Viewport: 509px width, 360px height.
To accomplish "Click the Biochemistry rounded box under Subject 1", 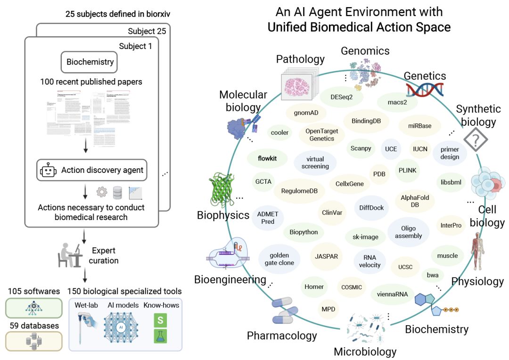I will [x=90, y=62].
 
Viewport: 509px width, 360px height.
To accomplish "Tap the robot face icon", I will [x=49, y=170].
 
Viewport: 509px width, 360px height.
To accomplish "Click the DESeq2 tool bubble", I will [x=342, y=97].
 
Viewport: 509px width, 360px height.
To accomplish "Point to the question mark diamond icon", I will [x=475, y=140].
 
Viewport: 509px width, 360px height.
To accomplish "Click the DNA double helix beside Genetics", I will [x=424, y=89].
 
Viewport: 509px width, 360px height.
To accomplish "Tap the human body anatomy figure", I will [x=478, y=254].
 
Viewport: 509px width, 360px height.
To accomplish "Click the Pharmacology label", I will [x=282, y=335].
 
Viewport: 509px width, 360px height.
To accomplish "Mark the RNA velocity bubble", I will [x=369, y=261].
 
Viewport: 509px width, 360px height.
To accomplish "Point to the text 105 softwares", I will [x=33, y=291].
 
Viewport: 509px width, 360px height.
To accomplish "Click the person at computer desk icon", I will [x=67, y=254].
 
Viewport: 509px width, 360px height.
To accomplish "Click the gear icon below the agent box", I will [x=102, y=192].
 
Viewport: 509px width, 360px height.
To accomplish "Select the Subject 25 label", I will [x=147, y=31].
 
